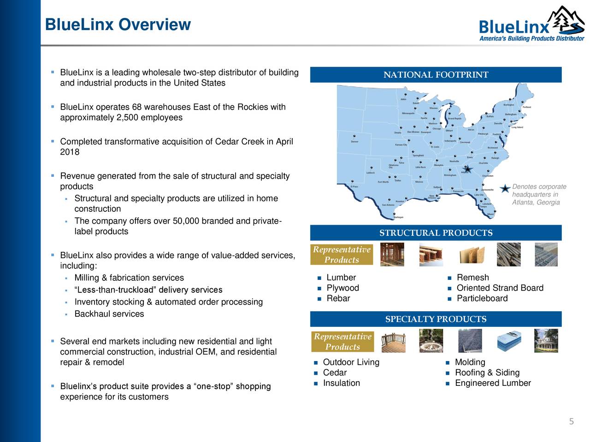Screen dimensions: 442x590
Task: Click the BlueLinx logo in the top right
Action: coord(530,25)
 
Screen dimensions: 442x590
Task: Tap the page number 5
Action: coord(571,422)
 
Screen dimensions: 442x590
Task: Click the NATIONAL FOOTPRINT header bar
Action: coord(436,75)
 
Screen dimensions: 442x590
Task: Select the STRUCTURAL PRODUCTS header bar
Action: coord(436,233)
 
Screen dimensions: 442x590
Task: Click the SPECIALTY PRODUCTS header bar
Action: coord(436,319)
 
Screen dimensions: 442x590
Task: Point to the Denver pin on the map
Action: coord(354,137)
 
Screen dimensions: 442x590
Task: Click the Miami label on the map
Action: coord(491,214)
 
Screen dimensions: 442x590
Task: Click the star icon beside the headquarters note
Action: coord(506,189)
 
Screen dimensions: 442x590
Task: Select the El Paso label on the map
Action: coord(354,186)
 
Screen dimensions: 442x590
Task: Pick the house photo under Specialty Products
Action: coord(546,341)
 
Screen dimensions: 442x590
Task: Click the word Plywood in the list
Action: coord(342,288)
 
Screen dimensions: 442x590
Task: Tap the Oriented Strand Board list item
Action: coord(500,288)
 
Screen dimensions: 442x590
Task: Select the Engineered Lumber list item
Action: coord(493,384)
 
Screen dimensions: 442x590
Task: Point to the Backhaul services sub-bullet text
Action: coord(109,314)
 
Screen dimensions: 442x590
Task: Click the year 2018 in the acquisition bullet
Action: coord(70,152)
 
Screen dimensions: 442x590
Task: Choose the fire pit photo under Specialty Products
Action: coord(431,341)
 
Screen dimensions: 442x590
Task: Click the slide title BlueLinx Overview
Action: coord(118,24)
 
